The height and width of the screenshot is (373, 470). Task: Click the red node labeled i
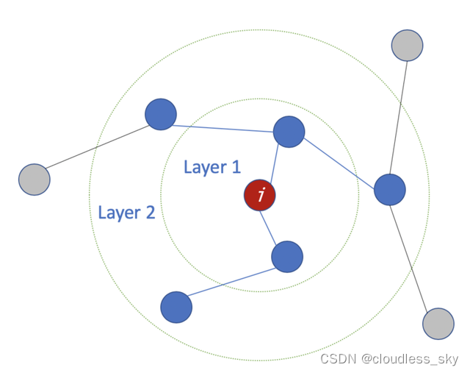click(x=260, y=195)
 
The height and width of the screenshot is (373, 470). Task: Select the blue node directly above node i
click(x=289, y=132)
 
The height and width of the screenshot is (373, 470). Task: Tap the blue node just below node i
click(x=287, y=257)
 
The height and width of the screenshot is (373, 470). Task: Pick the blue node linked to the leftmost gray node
click(x=161, y=114)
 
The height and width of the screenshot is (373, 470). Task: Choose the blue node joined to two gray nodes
click(x=390, y=190)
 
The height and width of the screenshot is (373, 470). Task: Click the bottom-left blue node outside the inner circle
click(x=176, y=308)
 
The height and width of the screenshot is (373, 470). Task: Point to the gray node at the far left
click(x=34, y=180)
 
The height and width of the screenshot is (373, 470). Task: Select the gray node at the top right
click(x=407, y=46)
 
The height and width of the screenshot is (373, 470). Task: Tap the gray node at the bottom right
click(x=438, y=324)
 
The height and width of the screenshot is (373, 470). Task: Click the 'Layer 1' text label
click(x=211, y=167)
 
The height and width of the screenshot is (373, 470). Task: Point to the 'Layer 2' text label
click(x=126, y=213)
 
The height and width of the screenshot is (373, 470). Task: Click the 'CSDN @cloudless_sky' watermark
click(x=389, y=359)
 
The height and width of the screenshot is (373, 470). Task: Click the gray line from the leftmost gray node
click(x=97, y=147)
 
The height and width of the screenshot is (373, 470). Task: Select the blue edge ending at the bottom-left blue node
click(x=231, y=283)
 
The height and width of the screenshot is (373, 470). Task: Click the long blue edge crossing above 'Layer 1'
click(x=225, y=123)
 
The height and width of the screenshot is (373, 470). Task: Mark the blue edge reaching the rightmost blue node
click(x=339, y=160)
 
